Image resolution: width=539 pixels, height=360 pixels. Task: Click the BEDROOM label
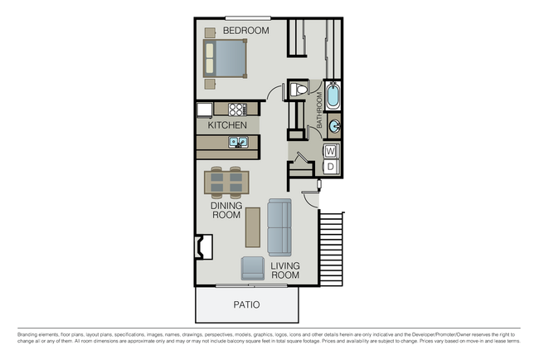point(247,31)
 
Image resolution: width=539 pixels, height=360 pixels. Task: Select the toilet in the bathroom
point(299,90)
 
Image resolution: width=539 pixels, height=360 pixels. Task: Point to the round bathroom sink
point(333,126)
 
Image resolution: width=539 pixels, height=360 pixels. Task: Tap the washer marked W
point(331,151)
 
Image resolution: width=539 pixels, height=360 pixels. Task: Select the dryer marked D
point(331,167)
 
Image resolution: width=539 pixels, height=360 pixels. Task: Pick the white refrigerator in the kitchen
point(205,109)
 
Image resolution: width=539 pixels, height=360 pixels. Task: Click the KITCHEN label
point(227,125)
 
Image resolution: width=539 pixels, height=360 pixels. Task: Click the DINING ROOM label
point(226,209)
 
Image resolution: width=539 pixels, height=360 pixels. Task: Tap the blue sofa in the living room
point(280,227)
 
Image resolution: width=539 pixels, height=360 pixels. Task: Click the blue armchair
point(253,268)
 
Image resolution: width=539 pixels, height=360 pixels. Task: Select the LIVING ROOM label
point(285,270)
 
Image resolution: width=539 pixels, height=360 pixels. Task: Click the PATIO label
point(245,304)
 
